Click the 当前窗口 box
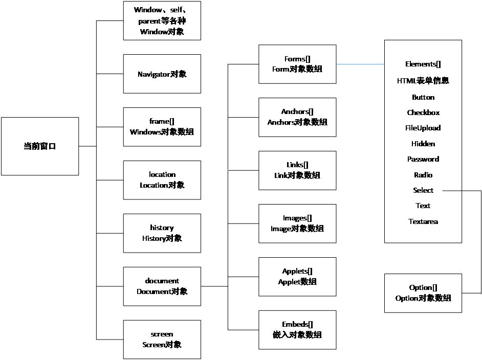click(x=40, y=146)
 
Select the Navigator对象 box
click(x=162, y=74)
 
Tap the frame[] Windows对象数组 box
click(x=162, y=127)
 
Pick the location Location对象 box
click(x=162, y=180)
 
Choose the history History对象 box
click(x=162, y=233)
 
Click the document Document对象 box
click(x=162, y=286)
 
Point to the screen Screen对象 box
click(x=162, y=340)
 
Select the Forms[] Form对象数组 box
click(x=297, y=64)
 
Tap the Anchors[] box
click(x=297, y=117)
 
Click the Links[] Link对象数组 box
click(x=297, y=170)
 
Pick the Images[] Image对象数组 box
click(x=297, y=223)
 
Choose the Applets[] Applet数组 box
click(x=297, y=277)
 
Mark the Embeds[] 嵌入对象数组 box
click(x=297, y=330)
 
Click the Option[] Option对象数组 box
click(x=423, y=293)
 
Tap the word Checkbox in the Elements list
click(x=423, y=112)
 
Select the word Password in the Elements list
click(x=423, y=159)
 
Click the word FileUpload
click(x=423, y=128)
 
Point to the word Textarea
click(x=423, y=221)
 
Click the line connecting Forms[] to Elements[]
click(x=360, y=64)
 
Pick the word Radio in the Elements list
click(x=423, y=175)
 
